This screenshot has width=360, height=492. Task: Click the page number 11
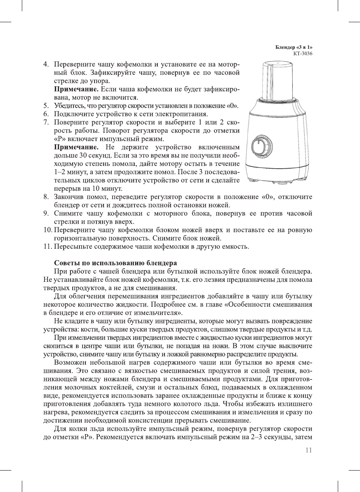[x=308, y=450]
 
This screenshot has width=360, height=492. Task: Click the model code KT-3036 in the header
[x=303, y=53]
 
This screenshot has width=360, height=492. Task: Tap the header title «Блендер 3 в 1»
[x=294, y=47]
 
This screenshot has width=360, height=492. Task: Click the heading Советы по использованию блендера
[x=115, y=263]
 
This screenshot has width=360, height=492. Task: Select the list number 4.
[x=46, y=64]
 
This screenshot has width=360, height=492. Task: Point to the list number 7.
[x=46, y=122]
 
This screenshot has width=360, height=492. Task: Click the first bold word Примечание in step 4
[x=76, y=89]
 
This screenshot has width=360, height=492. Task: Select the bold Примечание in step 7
[x=76, y=147]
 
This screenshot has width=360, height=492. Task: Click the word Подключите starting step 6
[x=73, y=114]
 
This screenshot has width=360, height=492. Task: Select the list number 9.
[x=46, y=213]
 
